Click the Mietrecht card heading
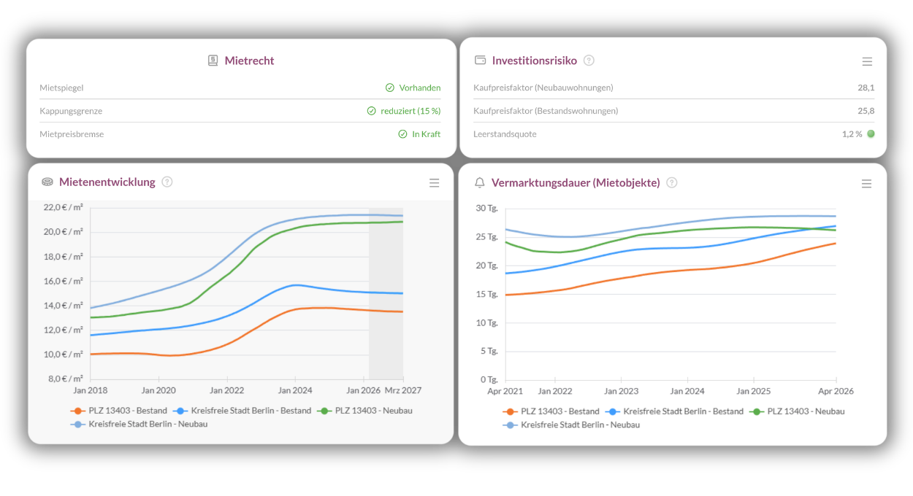(x=249, y=61)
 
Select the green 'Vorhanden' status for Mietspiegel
(x=419, y=88)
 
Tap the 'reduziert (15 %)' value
(x=410, y=111)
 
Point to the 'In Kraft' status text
(x=426, y=134)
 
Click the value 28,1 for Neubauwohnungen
(x=866, y=88)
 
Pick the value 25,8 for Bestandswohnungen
(x=866, y=111)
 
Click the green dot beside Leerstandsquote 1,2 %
(x=871, y=134)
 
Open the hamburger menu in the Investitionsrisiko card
(x=867, y=62)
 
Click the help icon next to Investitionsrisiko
(x=589, y=61)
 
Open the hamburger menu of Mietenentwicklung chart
(x=435, y=183)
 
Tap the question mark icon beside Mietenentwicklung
(x=167, y=182)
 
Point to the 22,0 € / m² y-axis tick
(x=64, y=207)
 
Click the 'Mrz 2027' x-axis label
(x=403, y=390)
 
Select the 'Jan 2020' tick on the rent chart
(x=158, y=390)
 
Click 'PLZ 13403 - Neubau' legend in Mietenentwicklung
(x=373, y=411)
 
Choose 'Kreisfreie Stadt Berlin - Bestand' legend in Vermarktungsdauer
(x=683, y=411)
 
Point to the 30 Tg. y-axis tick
(x=486, y=209)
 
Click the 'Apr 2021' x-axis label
(x=505, y=391)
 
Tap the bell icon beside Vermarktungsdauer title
(x=480, y=182)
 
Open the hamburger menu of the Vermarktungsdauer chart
(x=866, y=184)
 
